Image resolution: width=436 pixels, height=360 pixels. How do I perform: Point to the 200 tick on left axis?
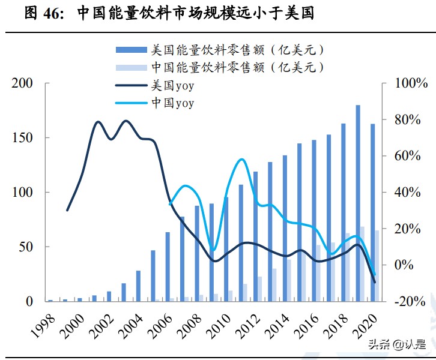[22, 83]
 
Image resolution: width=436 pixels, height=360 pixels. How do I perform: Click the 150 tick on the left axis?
[22, 138]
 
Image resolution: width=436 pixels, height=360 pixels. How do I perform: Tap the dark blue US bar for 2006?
[168, 266]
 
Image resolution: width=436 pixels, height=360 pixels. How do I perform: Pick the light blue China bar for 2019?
[363, 263]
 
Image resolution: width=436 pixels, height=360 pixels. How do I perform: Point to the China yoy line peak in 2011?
[241, 160]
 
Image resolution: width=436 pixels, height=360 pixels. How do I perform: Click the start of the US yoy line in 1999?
[67, 210]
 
